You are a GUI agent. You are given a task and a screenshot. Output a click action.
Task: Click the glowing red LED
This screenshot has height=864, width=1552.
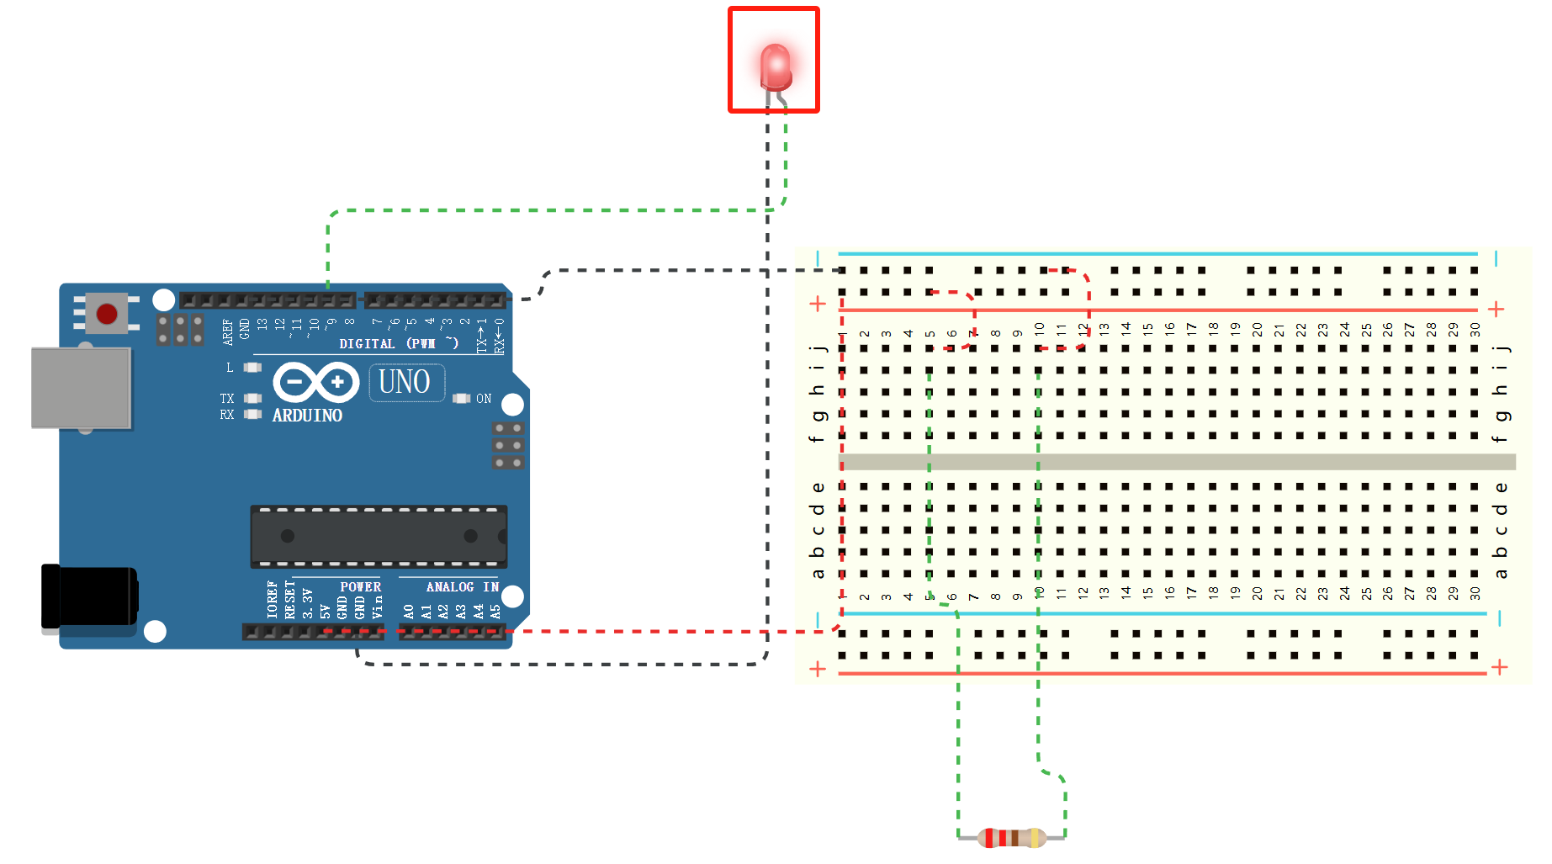[775, 67]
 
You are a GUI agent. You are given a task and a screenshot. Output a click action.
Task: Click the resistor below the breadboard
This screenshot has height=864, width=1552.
[1013, 837]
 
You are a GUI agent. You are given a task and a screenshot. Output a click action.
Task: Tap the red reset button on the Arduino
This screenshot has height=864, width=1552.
[107, 314]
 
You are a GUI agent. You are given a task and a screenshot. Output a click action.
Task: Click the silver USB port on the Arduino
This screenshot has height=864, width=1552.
[81, 388]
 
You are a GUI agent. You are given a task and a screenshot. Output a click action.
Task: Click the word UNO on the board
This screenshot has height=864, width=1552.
[405, 382]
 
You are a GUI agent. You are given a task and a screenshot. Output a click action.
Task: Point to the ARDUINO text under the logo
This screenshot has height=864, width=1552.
[307, 416]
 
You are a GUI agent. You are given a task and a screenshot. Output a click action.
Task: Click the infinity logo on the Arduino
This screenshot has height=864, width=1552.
[315, 382]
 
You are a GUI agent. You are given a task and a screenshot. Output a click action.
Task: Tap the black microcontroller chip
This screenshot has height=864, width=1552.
[379, 536]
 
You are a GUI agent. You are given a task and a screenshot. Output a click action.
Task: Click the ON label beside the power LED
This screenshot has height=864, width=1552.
[484, 399]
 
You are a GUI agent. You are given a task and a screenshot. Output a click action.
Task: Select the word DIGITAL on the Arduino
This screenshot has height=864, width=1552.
[367, 344]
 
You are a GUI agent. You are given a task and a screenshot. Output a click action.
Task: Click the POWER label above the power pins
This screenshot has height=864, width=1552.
[360, 586]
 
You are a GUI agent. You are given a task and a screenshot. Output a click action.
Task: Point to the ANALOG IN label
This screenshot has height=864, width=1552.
[462, 586]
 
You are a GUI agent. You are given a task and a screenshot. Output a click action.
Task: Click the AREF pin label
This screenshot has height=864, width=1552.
[228, 331]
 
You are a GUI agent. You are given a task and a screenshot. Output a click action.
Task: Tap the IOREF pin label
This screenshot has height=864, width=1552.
[272, 599]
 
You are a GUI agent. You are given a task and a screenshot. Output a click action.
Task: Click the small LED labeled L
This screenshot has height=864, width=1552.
[252, 368]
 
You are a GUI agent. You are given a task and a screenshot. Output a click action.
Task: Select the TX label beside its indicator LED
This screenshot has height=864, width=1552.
[227, 399]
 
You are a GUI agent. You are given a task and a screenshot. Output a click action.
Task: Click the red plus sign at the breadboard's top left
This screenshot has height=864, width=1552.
[818, 304]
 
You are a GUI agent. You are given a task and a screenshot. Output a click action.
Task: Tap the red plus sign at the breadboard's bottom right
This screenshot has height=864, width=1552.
[1499, 667]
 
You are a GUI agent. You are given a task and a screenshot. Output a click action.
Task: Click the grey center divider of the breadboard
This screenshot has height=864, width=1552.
[1178, 462]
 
